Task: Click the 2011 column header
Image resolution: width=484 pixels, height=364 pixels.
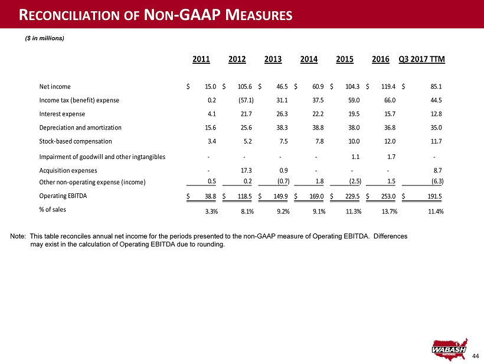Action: [201, 59]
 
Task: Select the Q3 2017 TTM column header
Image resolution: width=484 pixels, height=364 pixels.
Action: [421, 59]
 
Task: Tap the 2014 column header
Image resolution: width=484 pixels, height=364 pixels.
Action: [309, 59]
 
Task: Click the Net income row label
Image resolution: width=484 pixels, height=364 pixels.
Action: [55, 86]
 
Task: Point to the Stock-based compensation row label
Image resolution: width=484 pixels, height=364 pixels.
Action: [76, 141]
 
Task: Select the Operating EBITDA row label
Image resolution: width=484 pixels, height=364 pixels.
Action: [63, 196]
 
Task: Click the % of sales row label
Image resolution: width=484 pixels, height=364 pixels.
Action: [53, 210]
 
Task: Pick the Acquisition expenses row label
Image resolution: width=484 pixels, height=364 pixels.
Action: [68, 171]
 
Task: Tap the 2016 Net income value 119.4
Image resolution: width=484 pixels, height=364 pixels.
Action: [388, 86]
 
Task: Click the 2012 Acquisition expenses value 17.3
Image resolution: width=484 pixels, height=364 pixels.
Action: [247, 171]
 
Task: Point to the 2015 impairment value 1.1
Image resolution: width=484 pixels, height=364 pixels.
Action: [355, 157]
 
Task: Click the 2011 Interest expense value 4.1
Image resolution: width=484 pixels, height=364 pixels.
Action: [212, 113]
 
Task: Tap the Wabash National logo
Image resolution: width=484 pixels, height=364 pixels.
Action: [450, 349]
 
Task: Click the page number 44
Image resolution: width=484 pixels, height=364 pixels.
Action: [476, 356]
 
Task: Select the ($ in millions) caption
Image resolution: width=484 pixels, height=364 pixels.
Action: [44, 38]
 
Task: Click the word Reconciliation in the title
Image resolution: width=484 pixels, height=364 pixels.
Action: [70, 15]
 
